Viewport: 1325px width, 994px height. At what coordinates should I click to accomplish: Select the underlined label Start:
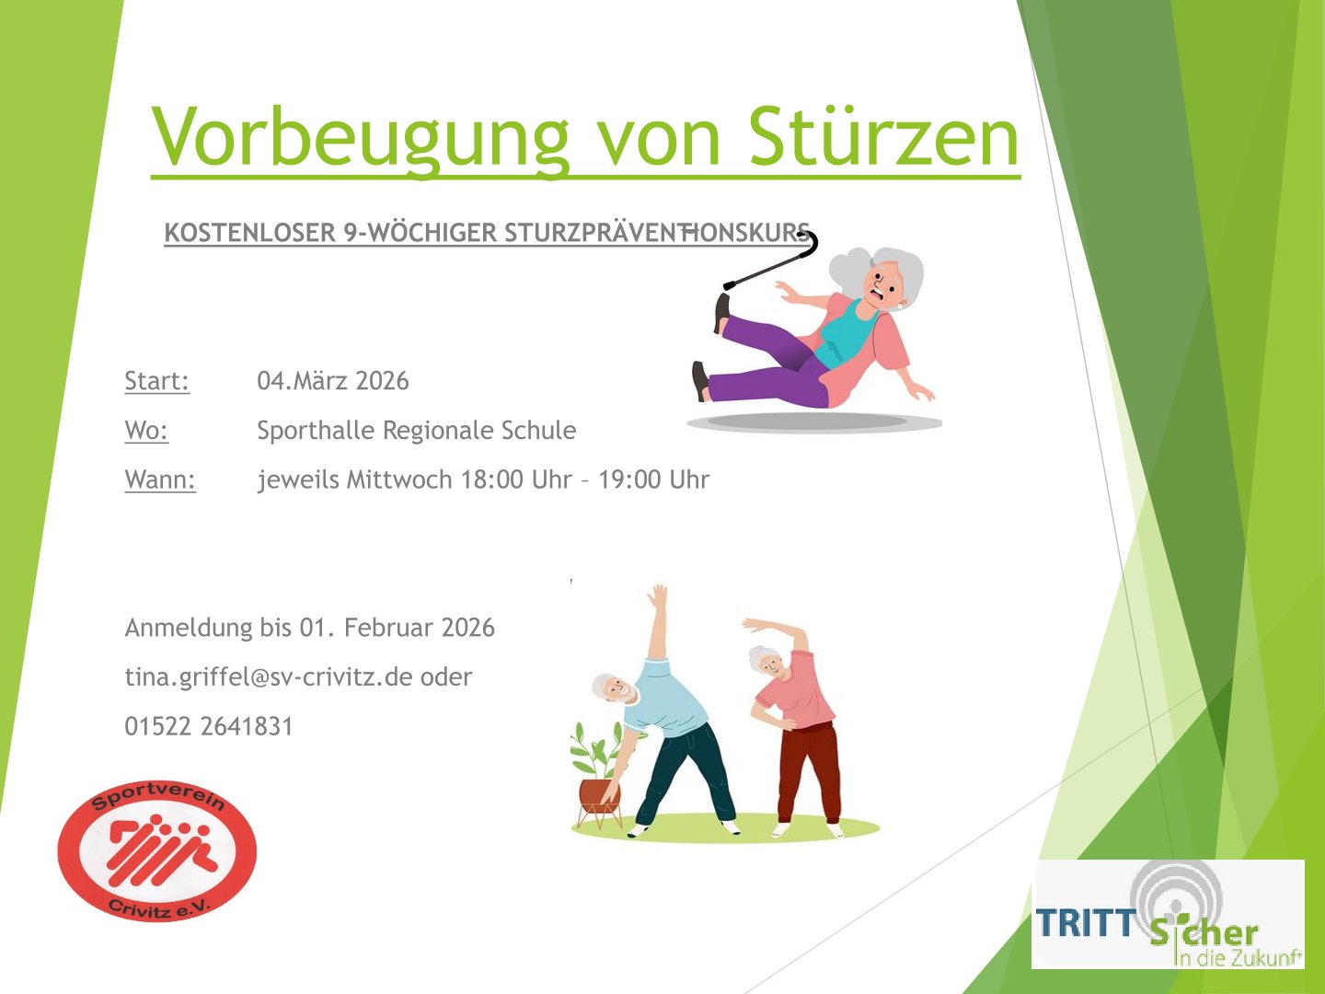click(x=157, y=381)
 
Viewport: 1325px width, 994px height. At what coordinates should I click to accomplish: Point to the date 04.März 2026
click(x=333, y=381)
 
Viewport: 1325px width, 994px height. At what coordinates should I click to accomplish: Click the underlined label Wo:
click(x=146, y=431)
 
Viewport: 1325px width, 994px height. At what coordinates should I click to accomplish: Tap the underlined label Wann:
click(x=160, y=480)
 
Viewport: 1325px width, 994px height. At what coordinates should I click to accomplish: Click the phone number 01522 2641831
click(x=209, y=726)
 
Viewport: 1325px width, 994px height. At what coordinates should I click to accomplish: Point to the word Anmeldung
click(x=189, y=629)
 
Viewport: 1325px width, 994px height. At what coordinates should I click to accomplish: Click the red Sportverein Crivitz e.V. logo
click(x=157, y=851)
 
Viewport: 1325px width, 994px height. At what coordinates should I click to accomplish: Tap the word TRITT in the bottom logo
click(x=1086, y=922)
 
